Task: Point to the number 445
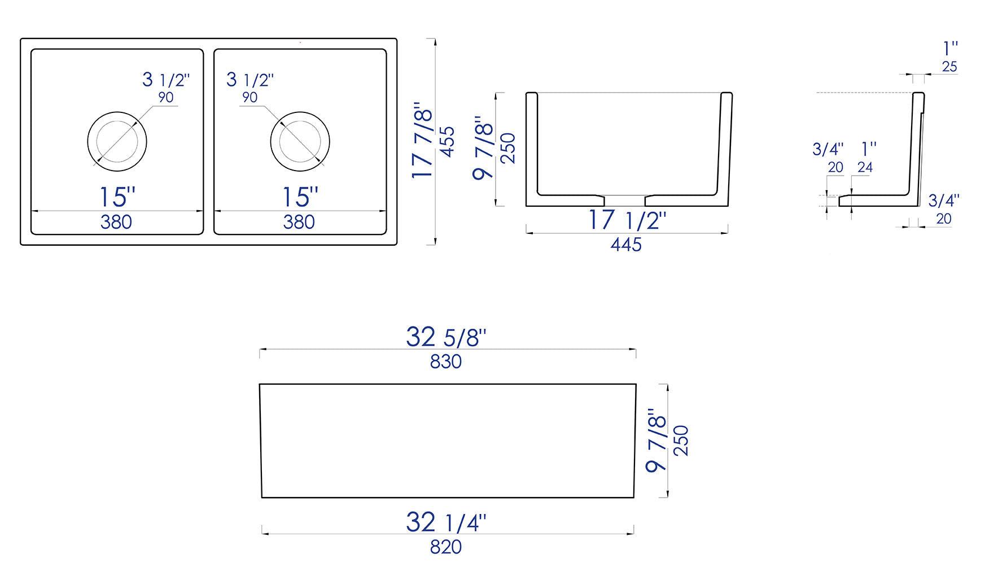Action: click(626, 244)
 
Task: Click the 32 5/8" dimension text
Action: click(446, 337)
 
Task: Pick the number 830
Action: click(445, 361)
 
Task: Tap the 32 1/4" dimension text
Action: click(446, 522)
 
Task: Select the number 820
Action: click(445, 547)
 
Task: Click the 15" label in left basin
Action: click(117, 197)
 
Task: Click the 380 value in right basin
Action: click(299, 222)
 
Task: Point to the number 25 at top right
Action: click(949, 67)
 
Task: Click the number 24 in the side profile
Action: click(865, 167)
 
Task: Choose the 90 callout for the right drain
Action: click(249, 97)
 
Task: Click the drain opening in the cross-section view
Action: click(624, 201)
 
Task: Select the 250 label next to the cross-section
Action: click(508, 148)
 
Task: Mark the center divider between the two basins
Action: click(208, 141)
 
